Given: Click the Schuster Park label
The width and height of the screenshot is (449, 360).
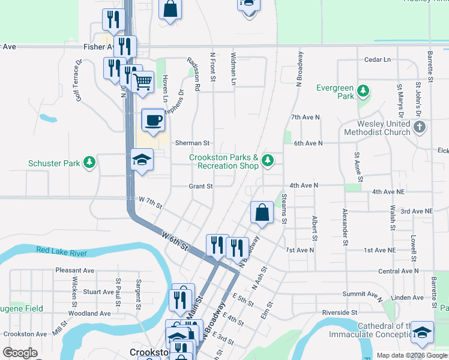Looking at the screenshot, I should [x=54, y=163].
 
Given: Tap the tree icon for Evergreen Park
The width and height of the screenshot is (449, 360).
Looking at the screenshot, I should [x=363, y=92].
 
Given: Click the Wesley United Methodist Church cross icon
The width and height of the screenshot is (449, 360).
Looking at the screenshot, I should [x=420, y=127].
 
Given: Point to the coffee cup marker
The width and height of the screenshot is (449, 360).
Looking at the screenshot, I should [x=152, y=120].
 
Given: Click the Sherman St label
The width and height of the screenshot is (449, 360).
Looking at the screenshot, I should [x=191, y=143].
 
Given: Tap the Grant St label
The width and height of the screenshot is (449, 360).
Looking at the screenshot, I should [x=200, y=186].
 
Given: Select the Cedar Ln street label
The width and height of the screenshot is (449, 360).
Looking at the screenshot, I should [x=377, y=60].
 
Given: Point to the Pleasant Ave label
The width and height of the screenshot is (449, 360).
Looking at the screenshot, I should [x=74, y=271].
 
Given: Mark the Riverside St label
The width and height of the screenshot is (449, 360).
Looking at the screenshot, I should [x=343, y=313].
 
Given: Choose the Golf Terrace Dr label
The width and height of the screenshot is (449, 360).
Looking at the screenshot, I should [x=78, y=80].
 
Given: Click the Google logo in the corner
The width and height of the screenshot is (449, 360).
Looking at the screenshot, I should [x=20, y=353].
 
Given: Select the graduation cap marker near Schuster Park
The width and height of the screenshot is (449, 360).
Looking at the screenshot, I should [x=142, y=160].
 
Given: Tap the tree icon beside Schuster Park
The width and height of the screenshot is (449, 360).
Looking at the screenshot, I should [x=89, y=162].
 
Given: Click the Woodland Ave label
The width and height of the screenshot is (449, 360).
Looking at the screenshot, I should [x=89, y=313].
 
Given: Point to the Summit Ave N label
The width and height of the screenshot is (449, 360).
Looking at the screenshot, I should [x=363, y=295].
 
